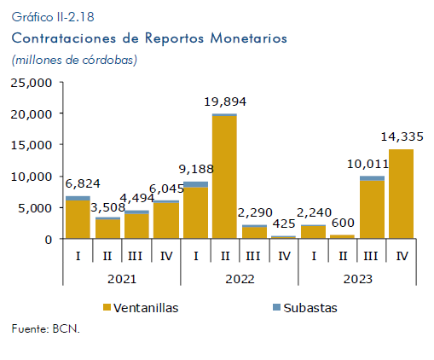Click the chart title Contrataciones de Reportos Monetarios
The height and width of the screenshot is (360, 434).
tap(149, 38)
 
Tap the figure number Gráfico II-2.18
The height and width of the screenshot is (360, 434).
tap(53, 17)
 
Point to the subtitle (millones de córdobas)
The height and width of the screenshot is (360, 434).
tap(74, 60)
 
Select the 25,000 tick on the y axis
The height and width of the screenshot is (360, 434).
tap(32, 83)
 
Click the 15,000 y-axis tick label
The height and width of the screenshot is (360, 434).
tap(32, 145)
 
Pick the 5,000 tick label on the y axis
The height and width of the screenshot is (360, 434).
tap(35, 208)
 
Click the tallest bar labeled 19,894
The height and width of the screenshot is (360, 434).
tap(224, 176)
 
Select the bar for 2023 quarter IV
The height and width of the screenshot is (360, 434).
tap(401, 194)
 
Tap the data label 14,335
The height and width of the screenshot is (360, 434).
tap(402, 136)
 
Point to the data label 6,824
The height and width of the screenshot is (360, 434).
tap(83, 183)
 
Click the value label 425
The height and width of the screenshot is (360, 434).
tap(284, 224)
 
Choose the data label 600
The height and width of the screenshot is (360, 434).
tap(343, 223)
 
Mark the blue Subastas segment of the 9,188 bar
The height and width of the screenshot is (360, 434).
tap(195, 184)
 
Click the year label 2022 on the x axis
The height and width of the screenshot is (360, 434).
tap(240, 279)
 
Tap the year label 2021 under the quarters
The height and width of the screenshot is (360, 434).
tap(122, 279)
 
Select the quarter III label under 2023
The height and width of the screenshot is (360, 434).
tap(371, 256)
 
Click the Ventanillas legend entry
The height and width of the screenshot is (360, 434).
tap(141, 308)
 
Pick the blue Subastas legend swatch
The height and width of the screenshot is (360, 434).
tap(276, 307)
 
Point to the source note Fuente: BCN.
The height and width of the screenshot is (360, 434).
tap(46, 329)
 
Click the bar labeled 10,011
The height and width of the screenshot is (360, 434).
tap(372, 207)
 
